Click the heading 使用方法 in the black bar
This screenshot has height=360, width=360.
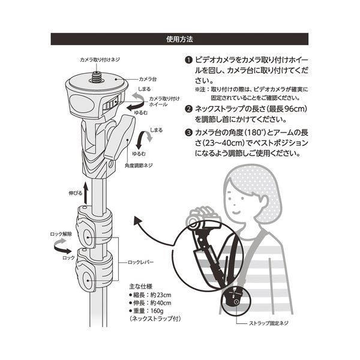179,39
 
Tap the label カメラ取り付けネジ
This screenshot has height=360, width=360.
100,59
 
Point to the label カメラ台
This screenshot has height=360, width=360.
148,79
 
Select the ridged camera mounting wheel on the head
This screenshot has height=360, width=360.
112,104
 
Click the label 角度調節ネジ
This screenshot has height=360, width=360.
139,166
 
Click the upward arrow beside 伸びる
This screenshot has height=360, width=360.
85,193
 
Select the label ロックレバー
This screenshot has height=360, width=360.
140,262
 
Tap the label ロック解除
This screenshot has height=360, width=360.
61,234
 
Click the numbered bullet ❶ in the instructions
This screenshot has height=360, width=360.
188,60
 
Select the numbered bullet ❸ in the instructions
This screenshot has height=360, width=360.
188,133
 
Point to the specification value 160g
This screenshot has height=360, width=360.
157,311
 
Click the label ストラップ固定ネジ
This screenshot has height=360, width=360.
268,323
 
